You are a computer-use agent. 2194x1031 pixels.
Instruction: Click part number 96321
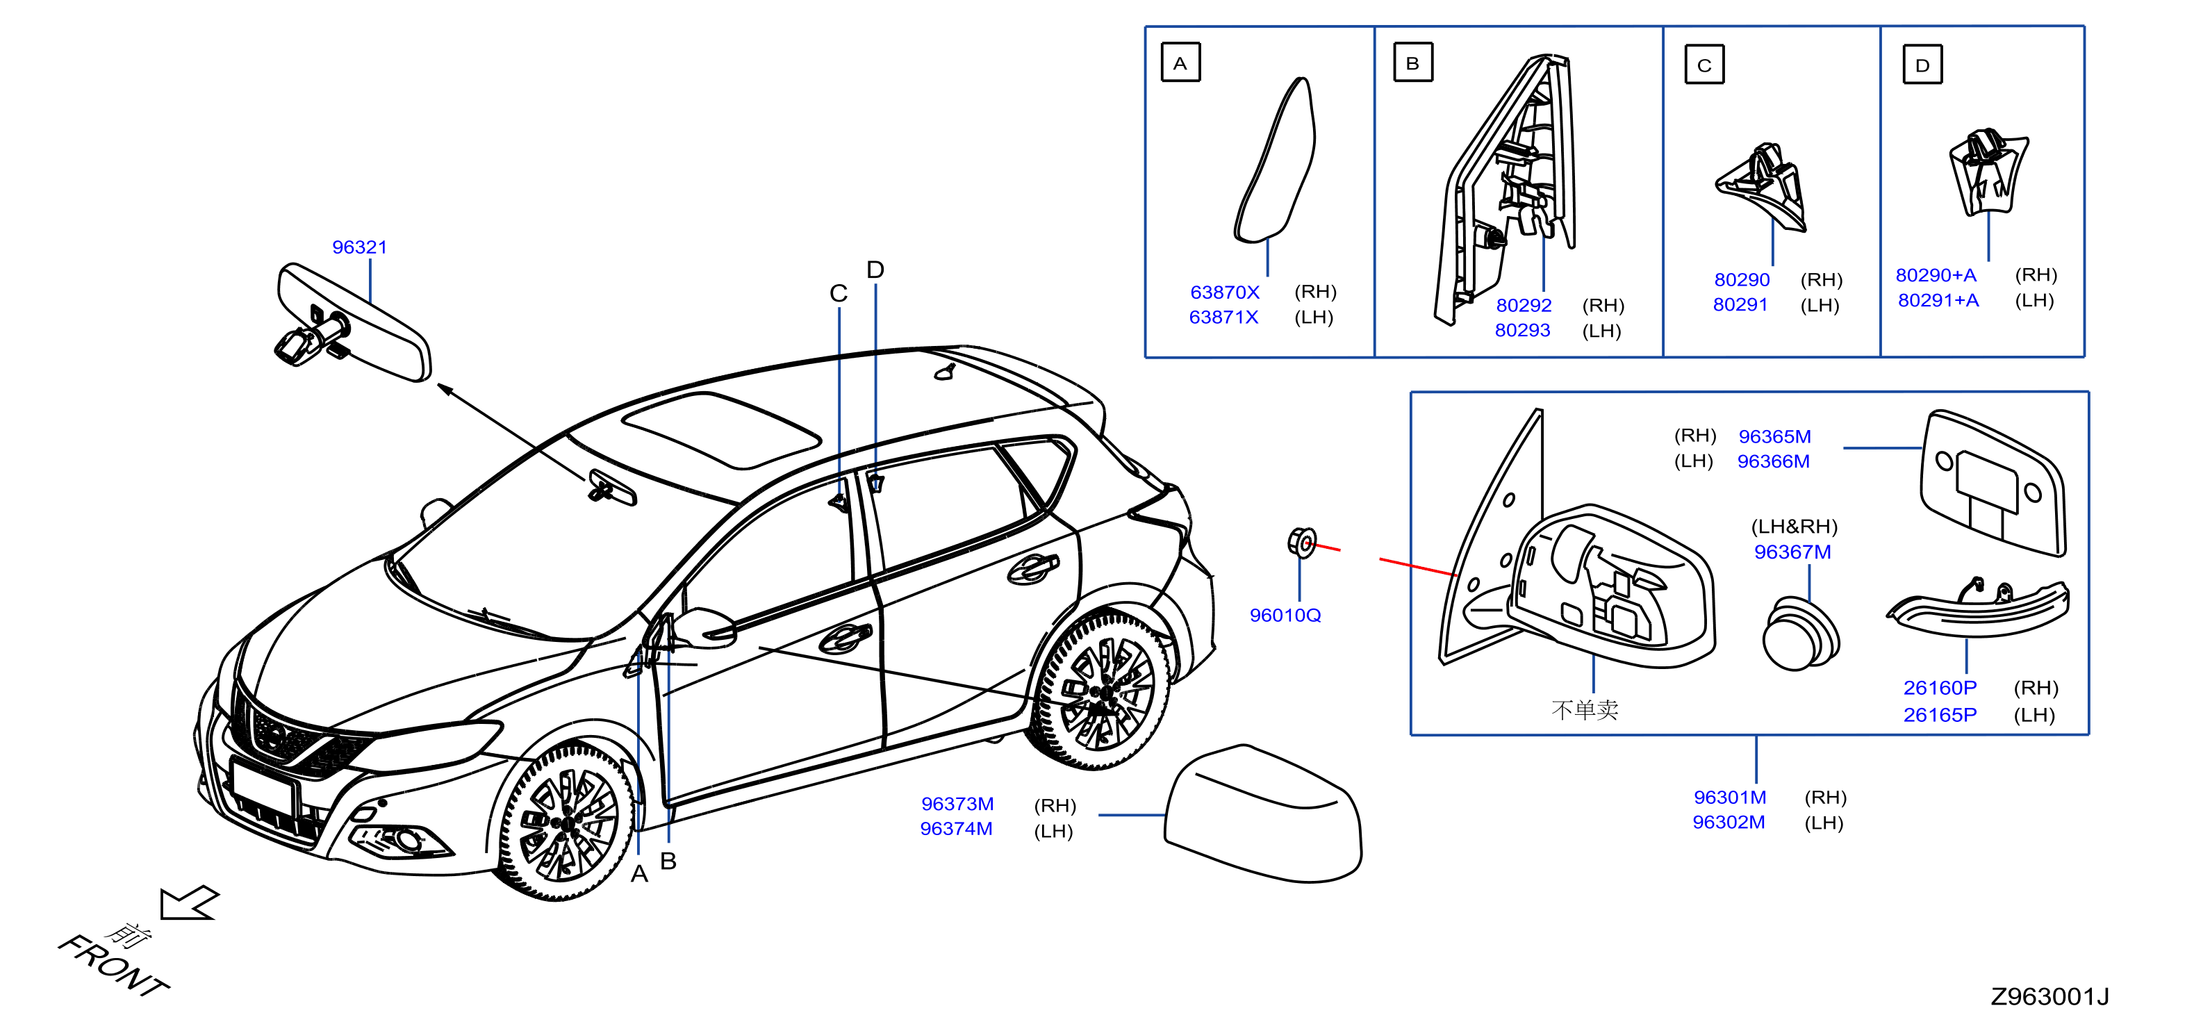pos(359,247)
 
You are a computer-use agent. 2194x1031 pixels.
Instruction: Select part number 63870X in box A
pos(1224,292)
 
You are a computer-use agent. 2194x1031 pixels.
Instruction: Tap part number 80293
pos(1522,330)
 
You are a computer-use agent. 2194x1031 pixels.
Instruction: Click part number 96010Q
pos(1285,615)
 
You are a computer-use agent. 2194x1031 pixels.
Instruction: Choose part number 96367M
pos(1792,552)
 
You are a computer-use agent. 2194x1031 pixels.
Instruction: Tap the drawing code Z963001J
pos(2049,996)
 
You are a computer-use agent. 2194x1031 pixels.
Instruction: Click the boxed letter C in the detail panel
pos(1704,65)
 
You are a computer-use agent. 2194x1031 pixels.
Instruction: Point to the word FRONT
pos(113,966)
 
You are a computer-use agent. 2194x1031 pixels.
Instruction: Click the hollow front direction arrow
pos(189,902)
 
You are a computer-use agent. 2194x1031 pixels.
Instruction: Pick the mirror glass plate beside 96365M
pos(1993,483)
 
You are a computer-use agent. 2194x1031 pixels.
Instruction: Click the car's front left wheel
pos(562,822)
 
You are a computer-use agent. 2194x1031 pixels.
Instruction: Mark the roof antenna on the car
pos(945,371)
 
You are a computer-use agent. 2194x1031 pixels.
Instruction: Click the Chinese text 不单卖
pos(1584,710)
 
